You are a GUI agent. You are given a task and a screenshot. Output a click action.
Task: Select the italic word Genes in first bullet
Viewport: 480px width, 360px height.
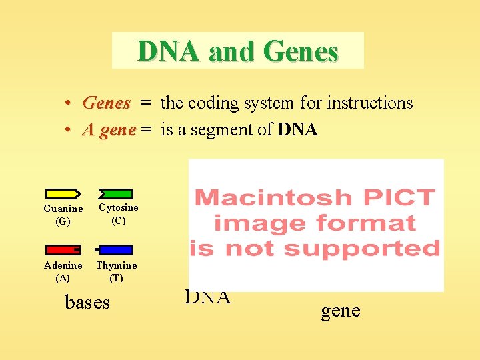point(106,103)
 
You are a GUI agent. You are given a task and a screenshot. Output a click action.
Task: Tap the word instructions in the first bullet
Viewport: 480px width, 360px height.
point(369,103)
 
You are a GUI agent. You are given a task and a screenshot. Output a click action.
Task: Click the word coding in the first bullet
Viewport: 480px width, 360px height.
point(213,103)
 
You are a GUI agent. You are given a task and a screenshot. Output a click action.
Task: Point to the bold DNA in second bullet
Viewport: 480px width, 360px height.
point(297,130)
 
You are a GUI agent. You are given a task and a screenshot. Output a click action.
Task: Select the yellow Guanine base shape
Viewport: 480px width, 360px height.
point(63,194)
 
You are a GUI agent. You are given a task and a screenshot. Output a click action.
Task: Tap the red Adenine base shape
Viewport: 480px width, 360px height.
point(63,250)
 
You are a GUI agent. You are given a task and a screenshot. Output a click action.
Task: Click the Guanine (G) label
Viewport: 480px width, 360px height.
point(63,215)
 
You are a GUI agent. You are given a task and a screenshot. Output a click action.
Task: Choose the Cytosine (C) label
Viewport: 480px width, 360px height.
point(118,215)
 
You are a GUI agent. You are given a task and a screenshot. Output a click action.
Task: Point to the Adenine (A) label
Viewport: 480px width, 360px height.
point(63,271)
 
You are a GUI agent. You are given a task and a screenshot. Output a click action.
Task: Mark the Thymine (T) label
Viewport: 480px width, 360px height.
point(117,271)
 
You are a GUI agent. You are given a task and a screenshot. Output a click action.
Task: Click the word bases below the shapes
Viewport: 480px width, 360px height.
point(87,303)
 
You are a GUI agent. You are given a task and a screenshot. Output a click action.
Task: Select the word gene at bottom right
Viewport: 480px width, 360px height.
point(341,311)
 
